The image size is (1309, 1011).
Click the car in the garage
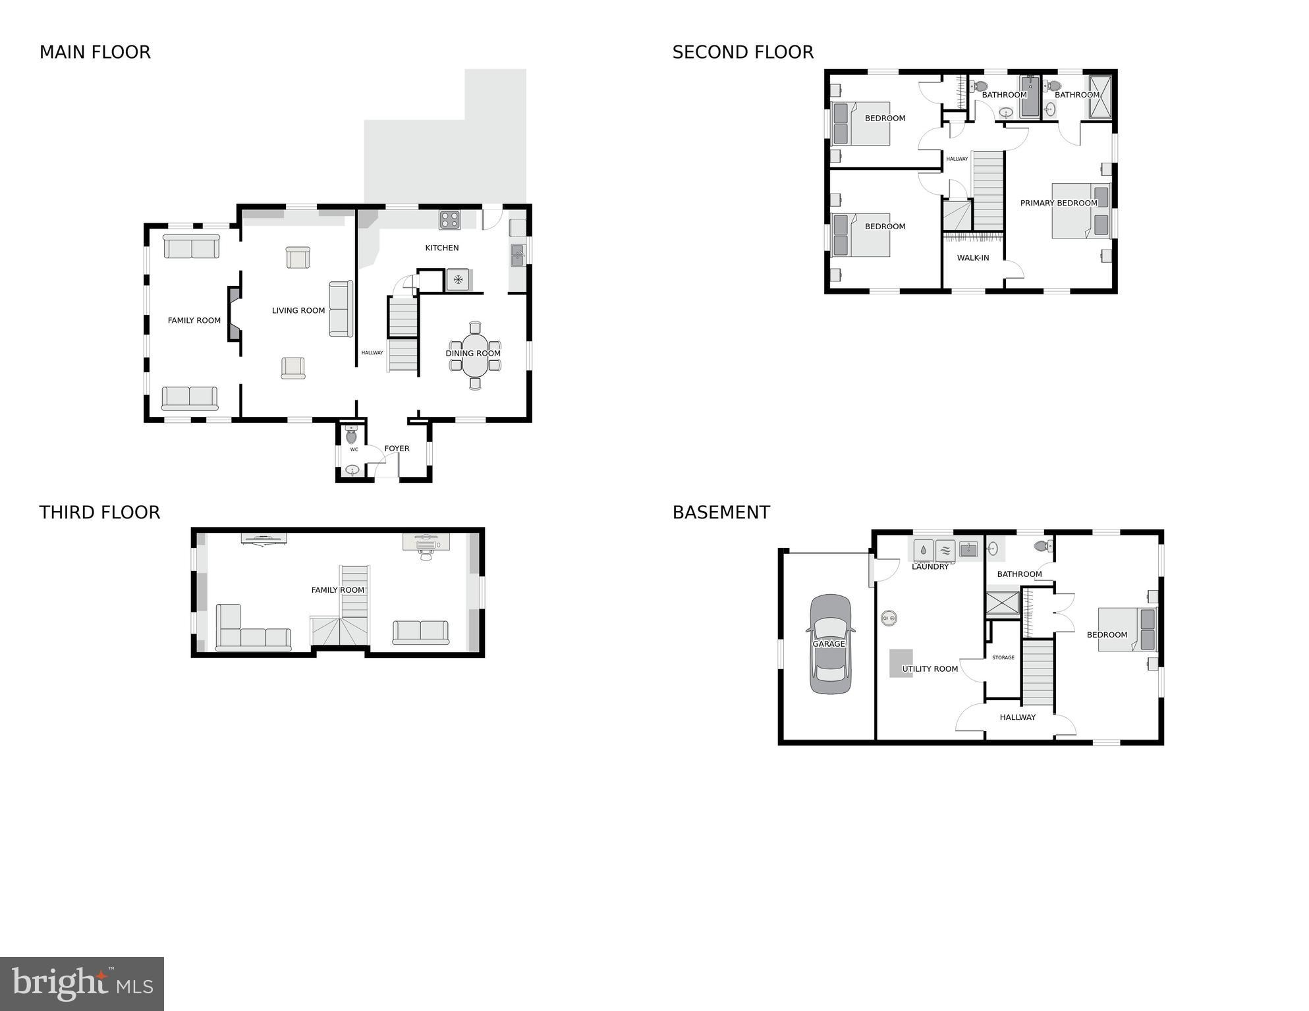(x=829, y=644)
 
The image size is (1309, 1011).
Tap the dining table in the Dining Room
(x=475, y=354)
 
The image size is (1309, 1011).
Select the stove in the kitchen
(x=450, y=220)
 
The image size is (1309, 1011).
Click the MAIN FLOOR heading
(x=95, y=52)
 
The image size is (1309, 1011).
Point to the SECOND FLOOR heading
(x=742, y=52)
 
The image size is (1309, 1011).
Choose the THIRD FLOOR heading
(x=99, y=512)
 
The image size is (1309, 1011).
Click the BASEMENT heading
(x=721, y=512)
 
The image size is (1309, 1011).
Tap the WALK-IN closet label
(x=972, y=258)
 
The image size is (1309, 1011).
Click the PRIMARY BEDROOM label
(x=1058, y=203)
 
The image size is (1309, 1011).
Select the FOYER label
(x=397, y=449)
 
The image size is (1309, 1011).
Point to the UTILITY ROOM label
(x=930, y=669)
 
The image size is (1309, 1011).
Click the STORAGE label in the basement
(x=1003, y=657)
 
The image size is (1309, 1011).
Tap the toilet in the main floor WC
(x=351, y=435)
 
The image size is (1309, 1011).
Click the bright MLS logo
(x=82, y=984)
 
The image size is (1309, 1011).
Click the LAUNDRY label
(x=930, y=566)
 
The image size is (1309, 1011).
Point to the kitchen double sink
(x=518, y=255)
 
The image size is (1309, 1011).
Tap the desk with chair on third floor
(x=426, y=545)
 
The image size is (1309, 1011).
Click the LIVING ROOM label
(x=298, y=310)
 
